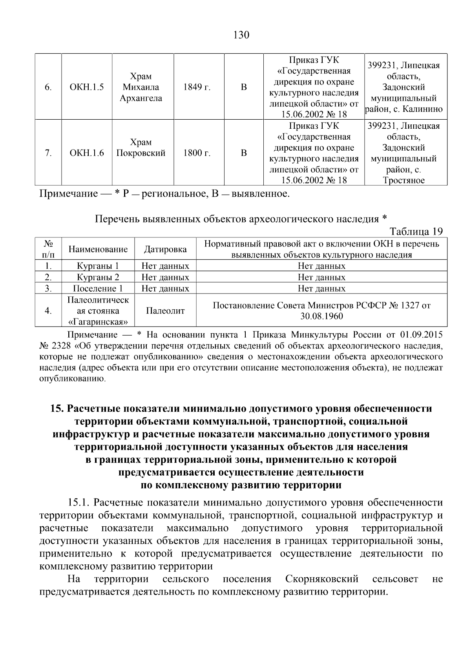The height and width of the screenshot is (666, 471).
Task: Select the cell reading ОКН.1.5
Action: (87, 87)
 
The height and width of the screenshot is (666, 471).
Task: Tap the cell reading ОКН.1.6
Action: (87, 153)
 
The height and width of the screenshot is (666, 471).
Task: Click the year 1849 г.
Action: (197, 87)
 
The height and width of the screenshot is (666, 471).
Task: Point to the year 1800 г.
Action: (197, 153)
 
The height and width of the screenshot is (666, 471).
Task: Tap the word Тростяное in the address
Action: (404, 181)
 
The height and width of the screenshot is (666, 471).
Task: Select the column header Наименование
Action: (98, 249)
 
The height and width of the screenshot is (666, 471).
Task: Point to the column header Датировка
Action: (165, 249)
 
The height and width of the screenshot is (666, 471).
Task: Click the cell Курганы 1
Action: (98, 266)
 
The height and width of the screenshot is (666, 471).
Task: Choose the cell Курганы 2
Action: (98, 277)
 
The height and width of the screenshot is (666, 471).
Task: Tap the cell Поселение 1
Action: (98, 289)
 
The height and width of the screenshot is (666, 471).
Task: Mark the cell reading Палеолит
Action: (165, 311)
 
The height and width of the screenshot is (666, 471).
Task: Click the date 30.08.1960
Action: (321, 316)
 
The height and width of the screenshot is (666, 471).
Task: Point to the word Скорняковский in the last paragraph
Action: (321, 579)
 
